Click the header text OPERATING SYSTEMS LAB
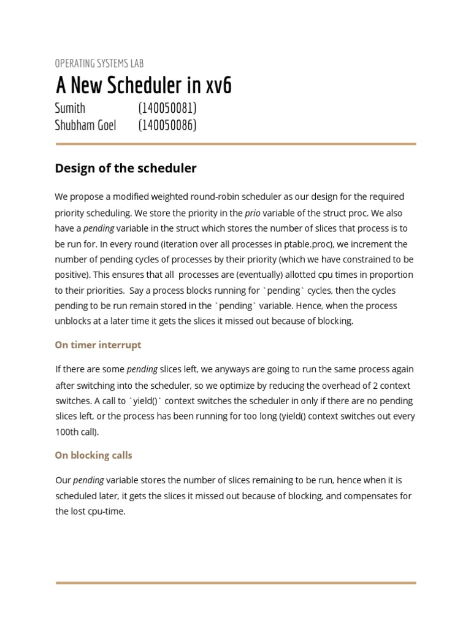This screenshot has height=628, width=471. point(99,63)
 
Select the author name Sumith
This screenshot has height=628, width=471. point(70,109)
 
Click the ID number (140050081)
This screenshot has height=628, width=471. point(167,109)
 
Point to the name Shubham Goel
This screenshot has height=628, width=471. point(85,126)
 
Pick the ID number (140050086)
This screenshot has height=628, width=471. point(167,126)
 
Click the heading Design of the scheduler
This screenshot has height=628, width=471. point(126,168)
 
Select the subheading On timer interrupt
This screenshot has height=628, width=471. point(98,345)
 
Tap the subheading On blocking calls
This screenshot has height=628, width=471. point(93,455)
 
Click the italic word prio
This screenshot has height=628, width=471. point(252,213)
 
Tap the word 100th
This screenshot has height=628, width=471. point(67,432)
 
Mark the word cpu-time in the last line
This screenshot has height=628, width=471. point(107,511)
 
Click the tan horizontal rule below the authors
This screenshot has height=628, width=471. point(235,144)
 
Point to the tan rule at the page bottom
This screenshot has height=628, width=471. point(235,583)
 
